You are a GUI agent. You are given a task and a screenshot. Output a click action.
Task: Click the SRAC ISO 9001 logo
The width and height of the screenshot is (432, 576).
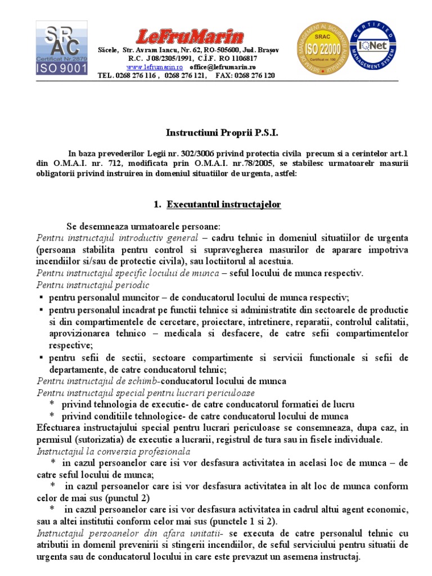pyautogui.click(x=62, y=48)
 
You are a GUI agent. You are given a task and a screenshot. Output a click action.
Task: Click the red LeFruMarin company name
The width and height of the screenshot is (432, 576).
pyautogui.click(x=188, y=37)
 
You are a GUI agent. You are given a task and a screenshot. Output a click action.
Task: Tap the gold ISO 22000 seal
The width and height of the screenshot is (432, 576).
pyautogui.click(x=322, y=48)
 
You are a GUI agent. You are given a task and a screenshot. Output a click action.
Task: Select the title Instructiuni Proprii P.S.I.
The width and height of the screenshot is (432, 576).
pyautogui.click(x=214, y=133)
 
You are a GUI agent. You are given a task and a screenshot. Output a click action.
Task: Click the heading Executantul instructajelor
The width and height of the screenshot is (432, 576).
pyautogui.click(x=223, y=205)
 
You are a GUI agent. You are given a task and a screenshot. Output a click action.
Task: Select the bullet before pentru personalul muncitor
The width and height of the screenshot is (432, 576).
pyautogui.click(x=42, y=298)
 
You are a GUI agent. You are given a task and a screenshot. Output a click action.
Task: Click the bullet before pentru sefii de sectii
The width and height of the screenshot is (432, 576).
pyautogui.click(x=42, y=358)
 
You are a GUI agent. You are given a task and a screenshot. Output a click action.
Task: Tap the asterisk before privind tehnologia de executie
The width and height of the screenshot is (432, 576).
pyautogui.click(x=52, y=404)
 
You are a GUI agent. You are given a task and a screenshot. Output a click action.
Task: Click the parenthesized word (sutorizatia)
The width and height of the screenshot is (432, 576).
pyautogui.click(x=101, y=439)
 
